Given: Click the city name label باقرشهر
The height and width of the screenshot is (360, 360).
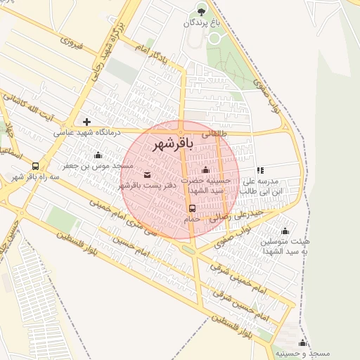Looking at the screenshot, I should pyautogui.click(x=172, y=143).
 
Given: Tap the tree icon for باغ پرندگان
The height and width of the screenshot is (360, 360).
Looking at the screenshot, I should pyautogui.click(x=202, y=10).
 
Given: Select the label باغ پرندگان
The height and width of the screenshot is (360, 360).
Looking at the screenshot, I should pyautogui.click(x=202, y=22).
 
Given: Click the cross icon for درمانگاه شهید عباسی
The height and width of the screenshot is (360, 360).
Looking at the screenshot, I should pyautogui.click(x=86, y=122).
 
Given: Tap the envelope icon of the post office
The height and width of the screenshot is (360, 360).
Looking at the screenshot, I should pyautogui.click(x=147, y=174).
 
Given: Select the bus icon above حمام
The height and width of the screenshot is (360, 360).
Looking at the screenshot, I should pyautogui.click(x=192, y=208).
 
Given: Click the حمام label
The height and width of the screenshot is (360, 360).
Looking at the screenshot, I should pyautogui.click(x=192, y=219).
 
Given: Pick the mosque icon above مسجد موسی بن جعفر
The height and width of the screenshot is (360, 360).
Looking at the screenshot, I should pyautogui.click(x=97, y=155).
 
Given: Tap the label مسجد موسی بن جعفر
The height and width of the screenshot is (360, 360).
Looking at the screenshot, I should pyautogui.click(x=98, y=165).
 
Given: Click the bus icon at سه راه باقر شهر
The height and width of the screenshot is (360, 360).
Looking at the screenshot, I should pyautogui.click(x=36, y=166).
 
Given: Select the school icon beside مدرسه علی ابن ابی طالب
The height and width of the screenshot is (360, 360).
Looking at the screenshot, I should pyautogui.click(x=260, y=170).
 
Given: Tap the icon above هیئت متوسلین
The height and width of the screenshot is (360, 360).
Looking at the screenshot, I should pyautogui.click(x=285, y=231).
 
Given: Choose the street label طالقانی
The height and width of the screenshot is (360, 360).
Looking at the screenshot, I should pyautogui.click(x=215, y=131).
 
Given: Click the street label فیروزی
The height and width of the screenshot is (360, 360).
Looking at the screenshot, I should pyautogui.click(x=72, y=43).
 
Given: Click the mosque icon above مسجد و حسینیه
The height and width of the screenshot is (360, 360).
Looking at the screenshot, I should pyautogui.click(x=302, y=342).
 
